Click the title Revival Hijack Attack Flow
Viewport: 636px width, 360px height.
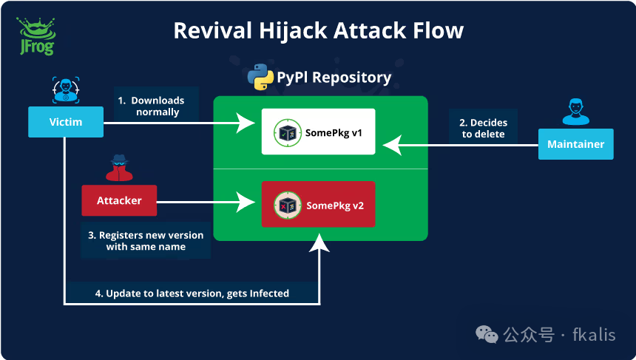click(x=318, y=30)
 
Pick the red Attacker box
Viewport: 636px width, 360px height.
click(x=119, y=200)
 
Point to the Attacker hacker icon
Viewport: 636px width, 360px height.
click(x=118, y=169)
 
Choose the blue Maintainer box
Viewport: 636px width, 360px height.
click(x=575, y=144)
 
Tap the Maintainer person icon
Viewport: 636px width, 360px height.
click(x=576, y=112)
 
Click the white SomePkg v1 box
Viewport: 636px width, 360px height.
click(x=319, y=132)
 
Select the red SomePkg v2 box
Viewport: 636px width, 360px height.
click(x=319, y=204)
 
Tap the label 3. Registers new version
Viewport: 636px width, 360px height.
click(x=146, y=240)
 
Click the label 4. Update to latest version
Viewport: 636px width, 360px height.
click(x=192, y=293)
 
